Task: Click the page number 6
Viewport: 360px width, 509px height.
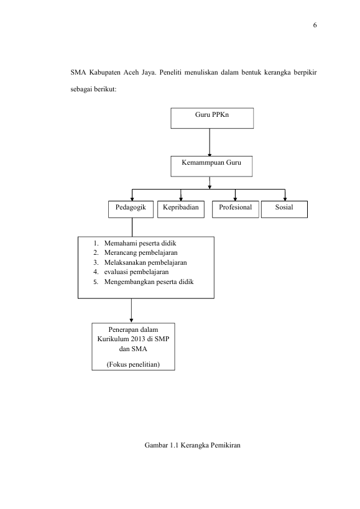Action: pyautogui.click(x=315, y=25)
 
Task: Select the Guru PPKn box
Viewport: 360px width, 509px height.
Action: pyautogui.click(x=212, y=118)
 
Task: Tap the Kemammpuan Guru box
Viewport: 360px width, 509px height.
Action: pyautogui.click(x=211, y=167)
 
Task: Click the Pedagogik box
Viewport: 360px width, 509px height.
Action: pyautogui.click(x=131, y=209)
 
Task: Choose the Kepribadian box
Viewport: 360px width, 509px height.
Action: pyautogui.click(x=181, y=209)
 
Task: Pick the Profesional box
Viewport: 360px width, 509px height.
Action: pyautogui.click(x=236, y=209)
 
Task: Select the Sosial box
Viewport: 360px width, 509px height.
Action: pyautogui.click(x=284, y=209)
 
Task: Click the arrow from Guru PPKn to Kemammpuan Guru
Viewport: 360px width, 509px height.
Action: pyautogui.click(x=210, y=142)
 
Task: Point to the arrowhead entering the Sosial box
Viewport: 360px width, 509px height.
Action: pyautogui.click(x=285, y=199)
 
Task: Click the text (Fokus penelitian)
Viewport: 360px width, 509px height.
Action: pyautogui.click(x=133, y=364)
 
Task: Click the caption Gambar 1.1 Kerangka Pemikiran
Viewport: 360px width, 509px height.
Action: pyautogui.click(x=193, y=445)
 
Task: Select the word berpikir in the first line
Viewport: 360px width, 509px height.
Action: pyautogui.click(x=305, y=72)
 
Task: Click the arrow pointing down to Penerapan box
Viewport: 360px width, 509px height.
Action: pyautogui.click(x=131, y=311)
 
